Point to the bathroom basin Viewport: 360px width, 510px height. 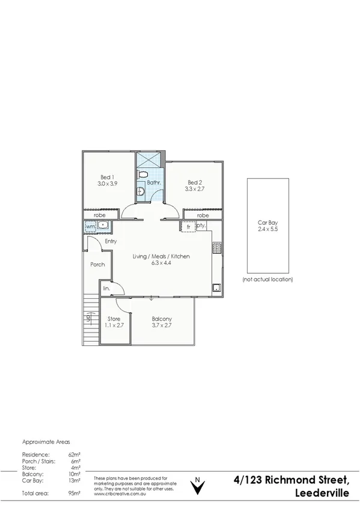[x=141, y=192]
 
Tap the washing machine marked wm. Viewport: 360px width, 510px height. [x=90, y=226]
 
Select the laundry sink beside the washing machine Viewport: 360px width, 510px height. [x=103, y=226]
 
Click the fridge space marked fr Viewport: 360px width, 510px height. [x=188, y=226]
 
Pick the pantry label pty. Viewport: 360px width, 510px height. [x=201, y=226]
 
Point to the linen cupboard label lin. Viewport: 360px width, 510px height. [x=106, y=289]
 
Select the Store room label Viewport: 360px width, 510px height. [x=114, y=319]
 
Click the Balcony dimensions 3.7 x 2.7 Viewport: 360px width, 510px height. [x=162, y=325]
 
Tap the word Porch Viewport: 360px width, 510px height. [x=97, y=264]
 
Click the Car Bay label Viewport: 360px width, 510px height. [x=267, y=223]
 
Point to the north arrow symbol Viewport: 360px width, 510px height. [x=196, y=486]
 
